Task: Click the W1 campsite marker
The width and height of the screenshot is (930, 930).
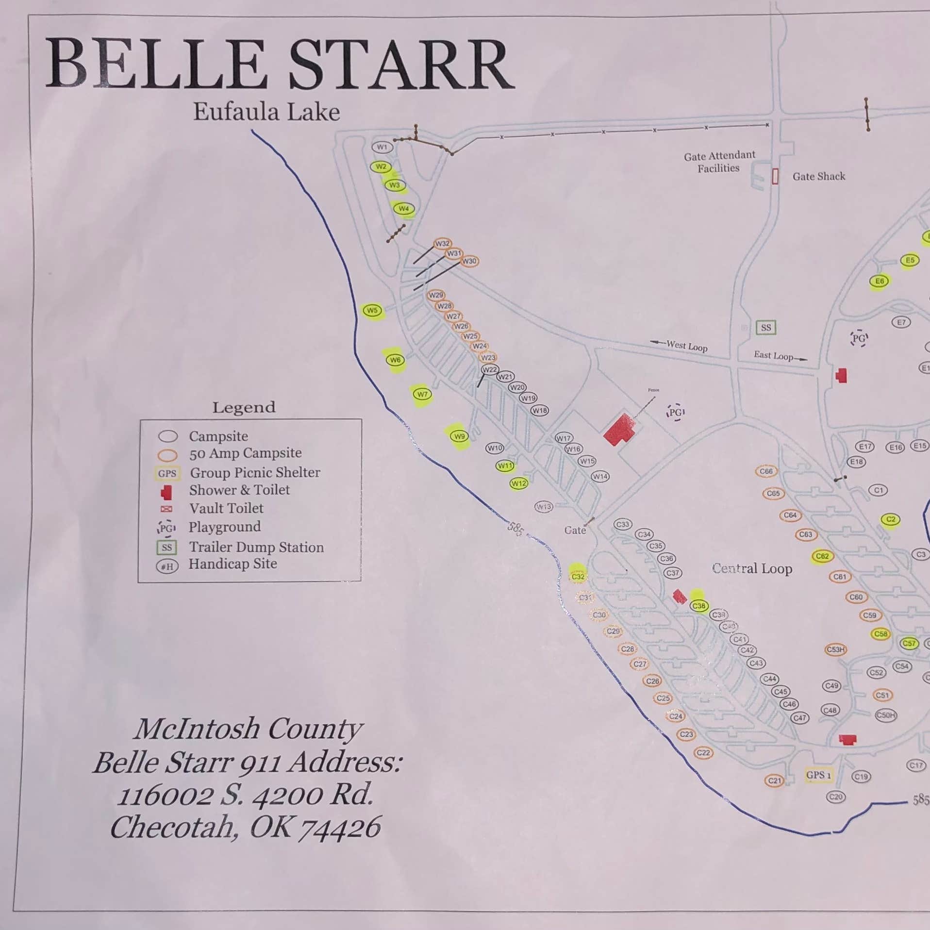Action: (382, 147)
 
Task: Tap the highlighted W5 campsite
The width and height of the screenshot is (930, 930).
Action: (372, 311)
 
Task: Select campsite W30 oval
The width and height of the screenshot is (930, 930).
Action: (469, 261)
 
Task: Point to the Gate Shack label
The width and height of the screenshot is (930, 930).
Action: (818, 176)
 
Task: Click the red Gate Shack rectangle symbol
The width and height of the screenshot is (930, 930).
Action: (775, 176)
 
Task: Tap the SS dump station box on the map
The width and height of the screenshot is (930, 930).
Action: (766, 328)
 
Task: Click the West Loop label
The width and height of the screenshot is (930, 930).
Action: (686, 346)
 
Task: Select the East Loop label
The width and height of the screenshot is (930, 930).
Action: (773, 356)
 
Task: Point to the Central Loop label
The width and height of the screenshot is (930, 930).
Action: (752, 568)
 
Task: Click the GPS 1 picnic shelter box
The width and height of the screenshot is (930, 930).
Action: (818, 775)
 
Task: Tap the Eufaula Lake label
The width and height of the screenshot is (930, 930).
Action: (266, 112)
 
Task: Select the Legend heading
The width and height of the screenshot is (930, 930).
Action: (244, 407)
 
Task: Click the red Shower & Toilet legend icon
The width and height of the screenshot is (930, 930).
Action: (166, 492)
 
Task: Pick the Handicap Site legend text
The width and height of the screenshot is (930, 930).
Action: (232, 564)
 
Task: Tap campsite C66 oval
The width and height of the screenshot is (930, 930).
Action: (766, 471)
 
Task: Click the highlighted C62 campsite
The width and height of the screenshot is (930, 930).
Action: (822, 556)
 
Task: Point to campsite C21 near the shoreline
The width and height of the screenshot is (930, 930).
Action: (775, 781)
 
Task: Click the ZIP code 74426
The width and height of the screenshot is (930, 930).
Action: (339, 828)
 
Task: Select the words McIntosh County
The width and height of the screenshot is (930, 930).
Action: (248, 730)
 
